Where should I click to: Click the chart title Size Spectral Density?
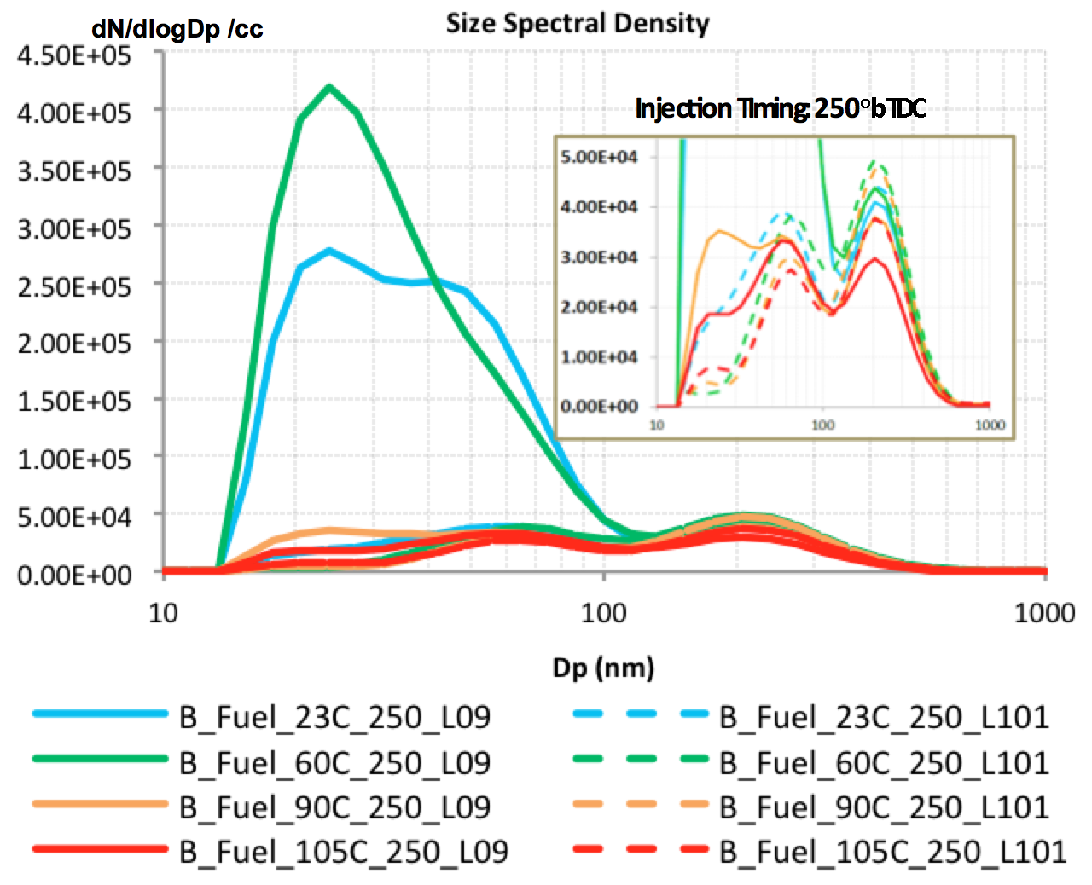coord(578,23)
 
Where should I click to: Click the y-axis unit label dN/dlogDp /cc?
coord(177,29)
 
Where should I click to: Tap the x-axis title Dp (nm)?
coord(603,667)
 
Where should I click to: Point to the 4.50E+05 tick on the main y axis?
coord(74,55)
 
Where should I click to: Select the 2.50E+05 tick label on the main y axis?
coord(74,286)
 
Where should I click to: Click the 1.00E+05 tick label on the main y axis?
coord(74,460)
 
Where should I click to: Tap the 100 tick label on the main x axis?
coord(603,612)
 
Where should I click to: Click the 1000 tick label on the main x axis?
coord(1044,612)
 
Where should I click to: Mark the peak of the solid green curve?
coord(329,86)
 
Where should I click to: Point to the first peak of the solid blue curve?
coord(329,251)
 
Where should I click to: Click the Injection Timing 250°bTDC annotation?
coord(781,108)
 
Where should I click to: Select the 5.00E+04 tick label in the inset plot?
coord(599,157)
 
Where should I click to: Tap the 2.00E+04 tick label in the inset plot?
coord(599,307)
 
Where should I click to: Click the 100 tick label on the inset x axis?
coord(822,425)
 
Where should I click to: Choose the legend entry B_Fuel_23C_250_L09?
coord(334,717)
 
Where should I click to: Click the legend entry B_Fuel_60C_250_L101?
coord(884,762)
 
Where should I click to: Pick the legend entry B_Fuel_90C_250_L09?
coord(334,807)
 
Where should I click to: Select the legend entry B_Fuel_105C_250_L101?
coord(892,851)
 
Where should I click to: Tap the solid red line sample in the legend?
coord(101,849)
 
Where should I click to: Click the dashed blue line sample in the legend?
coord(641,714)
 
